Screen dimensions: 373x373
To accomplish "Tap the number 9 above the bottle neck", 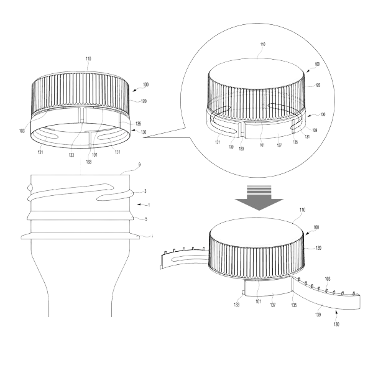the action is click(139, 165).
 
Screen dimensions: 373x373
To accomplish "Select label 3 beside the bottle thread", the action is click(145, 191).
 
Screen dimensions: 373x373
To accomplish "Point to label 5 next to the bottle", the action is click(146, 219).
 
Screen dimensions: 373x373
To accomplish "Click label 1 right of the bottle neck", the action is click(149, 205).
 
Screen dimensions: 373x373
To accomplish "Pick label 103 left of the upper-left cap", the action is click(22, 131).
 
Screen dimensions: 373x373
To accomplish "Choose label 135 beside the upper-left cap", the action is click(138, 124).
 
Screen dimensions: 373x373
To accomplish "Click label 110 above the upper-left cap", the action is click(88, 59).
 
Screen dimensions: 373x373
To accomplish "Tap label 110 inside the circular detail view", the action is click(262, 44).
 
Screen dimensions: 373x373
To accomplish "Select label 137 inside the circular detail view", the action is click(279, 145).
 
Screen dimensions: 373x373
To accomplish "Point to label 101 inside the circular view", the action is click(262, 145).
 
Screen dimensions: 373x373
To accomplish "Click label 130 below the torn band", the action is click(336, 325).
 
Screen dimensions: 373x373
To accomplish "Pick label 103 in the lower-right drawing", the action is click(328, 279).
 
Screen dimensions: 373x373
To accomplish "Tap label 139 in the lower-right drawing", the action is click(318, 315).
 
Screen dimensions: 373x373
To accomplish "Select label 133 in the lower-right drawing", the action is click(236, 305).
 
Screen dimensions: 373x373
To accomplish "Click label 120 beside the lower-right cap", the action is click(318, 248).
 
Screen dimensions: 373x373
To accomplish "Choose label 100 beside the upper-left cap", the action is click(145, 85).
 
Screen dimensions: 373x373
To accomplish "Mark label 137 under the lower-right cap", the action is click(273, 305).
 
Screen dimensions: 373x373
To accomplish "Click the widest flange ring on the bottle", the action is click(80, 236).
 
